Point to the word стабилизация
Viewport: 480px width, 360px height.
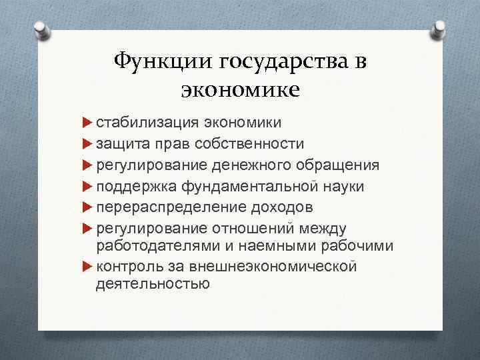click(x=139, y=123)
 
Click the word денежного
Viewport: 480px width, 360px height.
click(x=261, y=165)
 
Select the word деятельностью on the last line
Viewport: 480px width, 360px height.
click(x=153, y=283)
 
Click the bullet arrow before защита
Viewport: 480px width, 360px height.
click(x=87, y=144)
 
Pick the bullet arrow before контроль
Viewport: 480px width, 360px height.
click(x=87, y=267)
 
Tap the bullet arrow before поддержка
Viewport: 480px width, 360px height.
click(x=87, y=186)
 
